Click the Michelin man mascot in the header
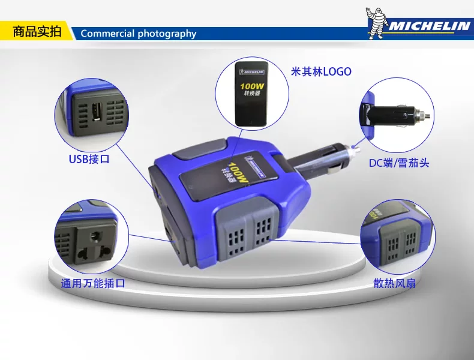(x=376, y=23)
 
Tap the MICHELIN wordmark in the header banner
(x=429, y=26)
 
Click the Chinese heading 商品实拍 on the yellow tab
(x=37, y=31)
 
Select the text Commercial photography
(x=139, y=33)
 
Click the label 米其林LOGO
(x=321, y=71)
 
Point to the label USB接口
(x=89, y=159)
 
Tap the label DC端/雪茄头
(x=399, y=163)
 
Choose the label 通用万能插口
(x=93, y=283)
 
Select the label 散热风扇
(x=394, y=283)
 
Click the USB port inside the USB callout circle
(x=97, y=112)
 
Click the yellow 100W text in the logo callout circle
(x=252, y=86)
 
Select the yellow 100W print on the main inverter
(x=238, y=173)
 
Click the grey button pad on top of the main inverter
(x=200, y=149)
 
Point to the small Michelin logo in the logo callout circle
(x=251, y=72)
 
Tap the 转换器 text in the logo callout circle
(x=252, y=94)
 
